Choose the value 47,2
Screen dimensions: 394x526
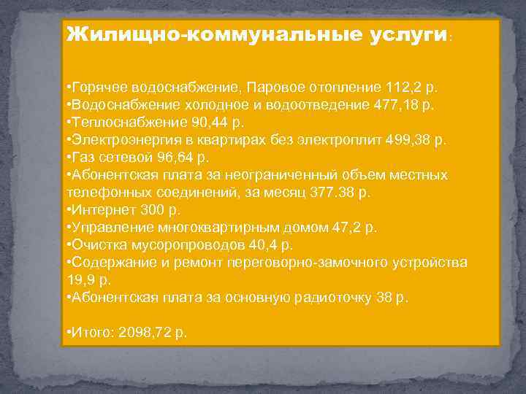351,227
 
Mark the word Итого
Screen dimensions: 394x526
88,332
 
